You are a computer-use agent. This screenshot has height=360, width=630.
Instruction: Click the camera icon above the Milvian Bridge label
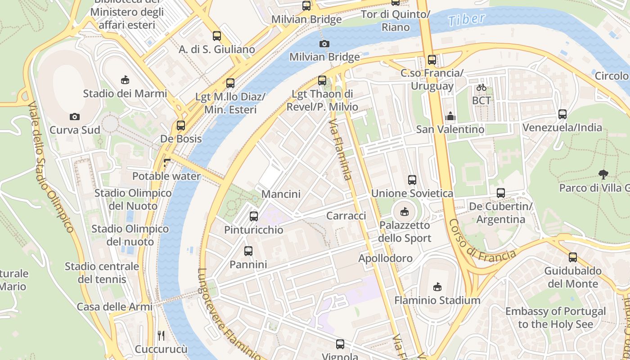(x=324, y=44)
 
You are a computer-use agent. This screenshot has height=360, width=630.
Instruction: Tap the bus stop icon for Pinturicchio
(x=254, y=216)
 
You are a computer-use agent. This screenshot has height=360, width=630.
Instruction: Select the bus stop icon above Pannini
(x=248, y=251)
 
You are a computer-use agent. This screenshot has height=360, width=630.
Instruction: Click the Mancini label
(x=281, y=194)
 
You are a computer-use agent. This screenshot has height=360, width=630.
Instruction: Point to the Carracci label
(x=346, y=216)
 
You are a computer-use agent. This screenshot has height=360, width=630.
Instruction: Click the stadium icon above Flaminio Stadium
(x=437, y=287)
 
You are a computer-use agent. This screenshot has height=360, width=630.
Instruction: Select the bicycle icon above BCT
(x=481, y=87)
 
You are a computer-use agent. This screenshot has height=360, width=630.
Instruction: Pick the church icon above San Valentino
(x=450, y=117)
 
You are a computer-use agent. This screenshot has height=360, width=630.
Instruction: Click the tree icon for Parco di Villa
(x=603, y=174)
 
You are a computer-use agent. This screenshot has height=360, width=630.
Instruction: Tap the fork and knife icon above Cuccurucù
(x=161, y=335)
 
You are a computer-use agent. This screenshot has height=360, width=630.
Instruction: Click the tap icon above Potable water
(x=167, y=162)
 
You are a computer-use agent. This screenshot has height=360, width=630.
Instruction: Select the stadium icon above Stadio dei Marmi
(x=125, y=80)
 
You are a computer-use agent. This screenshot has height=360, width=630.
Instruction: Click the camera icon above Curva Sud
(x=75, y=117)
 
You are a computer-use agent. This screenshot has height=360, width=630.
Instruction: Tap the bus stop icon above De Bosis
(x=181, y=126)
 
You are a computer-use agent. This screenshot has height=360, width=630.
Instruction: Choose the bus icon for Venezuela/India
(x=562, y=114)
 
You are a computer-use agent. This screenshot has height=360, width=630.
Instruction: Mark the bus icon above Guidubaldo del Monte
(x=572, y=257)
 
